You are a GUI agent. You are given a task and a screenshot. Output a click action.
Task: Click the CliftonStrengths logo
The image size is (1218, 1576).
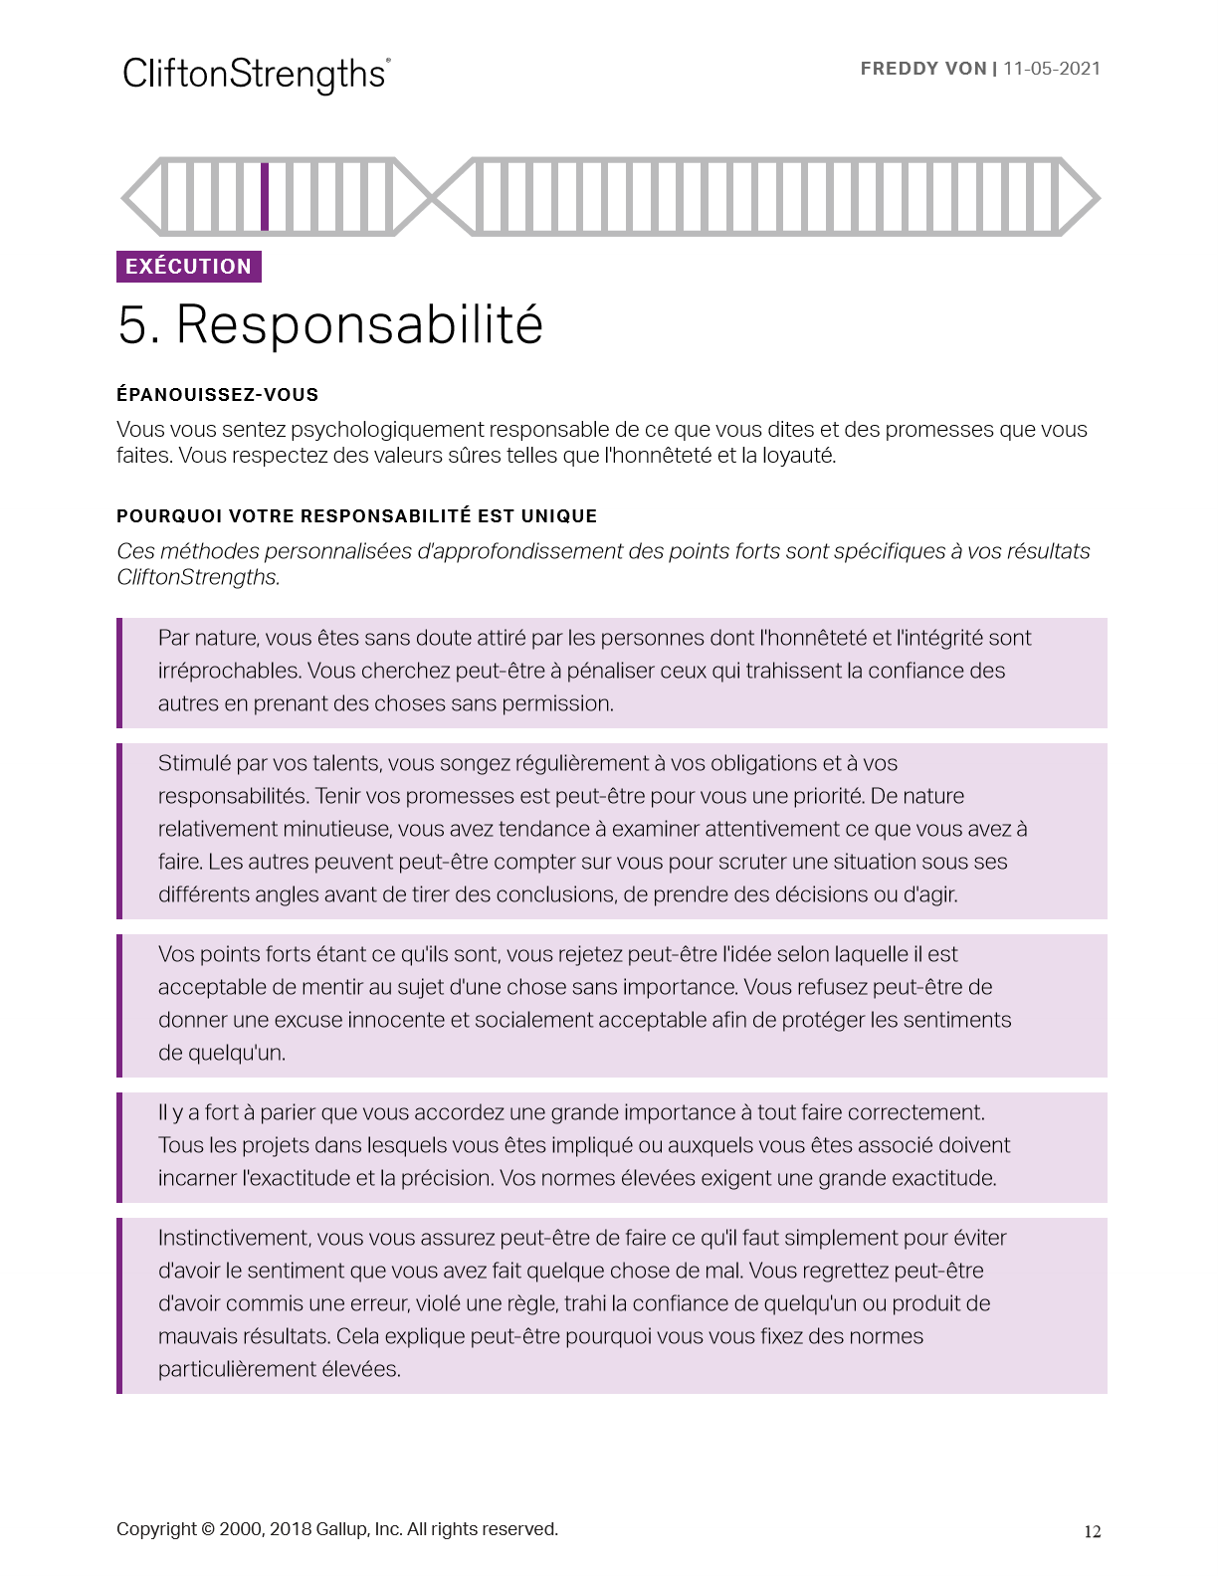256,75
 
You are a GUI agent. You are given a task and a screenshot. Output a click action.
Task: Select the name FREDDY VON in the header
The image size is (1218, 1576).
922,69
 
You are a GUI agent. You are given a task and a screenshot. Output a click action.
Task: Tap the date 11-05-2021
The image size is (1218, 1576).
1052,69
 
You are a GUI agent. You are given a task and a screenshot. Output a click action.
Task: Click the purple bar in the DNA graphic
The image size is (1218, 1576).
265,196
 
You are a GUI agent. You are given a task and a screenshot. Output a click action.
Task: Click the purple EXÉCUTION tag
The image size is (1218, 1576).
189,267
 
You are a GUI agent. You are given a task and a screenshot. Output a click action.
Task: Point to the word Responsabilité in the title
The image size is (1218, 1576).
359,324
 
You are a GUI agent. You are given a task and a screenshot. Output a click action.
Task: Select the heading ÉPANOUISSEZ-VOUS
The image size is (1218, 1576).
217,394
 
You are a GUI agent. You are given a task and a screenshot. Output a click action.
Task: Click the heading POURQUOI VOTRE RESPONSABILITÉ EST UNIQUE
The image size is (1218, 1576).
356,515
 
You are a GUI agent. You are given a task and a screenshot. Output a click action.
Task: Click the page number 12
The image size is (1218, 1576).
1092,1532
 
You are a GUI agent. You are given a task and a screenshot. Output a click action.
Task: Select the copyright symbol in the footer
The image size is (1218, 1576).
207,1529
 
